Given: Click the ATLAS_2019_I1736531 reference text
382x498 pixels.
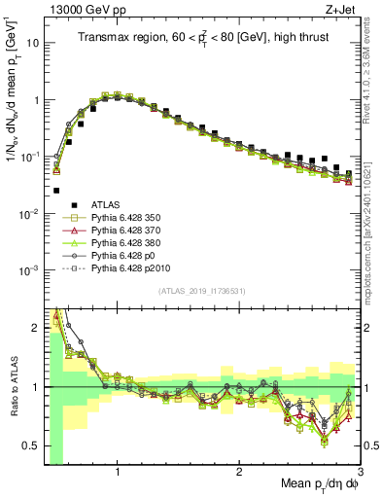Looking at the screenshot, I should pyautogui.click(x=200, y=291).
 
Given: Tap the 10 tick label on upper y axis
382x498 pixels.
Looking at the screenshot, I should pyautogui.click(x=34, y=44).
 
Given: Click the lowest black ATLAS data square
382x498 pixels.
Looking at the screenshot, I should pyautogui.click(x=56, y=191).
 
